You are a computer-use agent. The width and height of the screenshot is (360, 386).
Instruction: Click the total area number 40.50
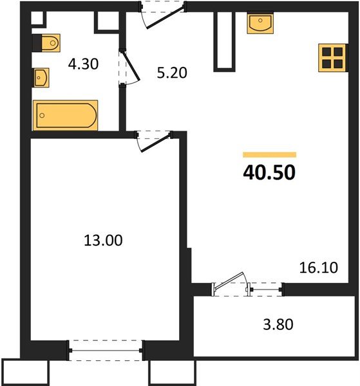point(269,173)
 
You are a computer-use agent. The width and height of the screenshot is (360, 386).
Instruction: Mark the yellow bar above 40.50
point(269,154)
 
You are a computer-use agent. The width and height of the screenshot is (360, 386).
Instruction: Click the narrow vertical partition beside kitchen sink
point(223,40)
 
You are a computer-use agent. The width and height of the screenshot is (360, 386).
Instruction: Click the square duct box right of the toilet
point(105,22)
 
